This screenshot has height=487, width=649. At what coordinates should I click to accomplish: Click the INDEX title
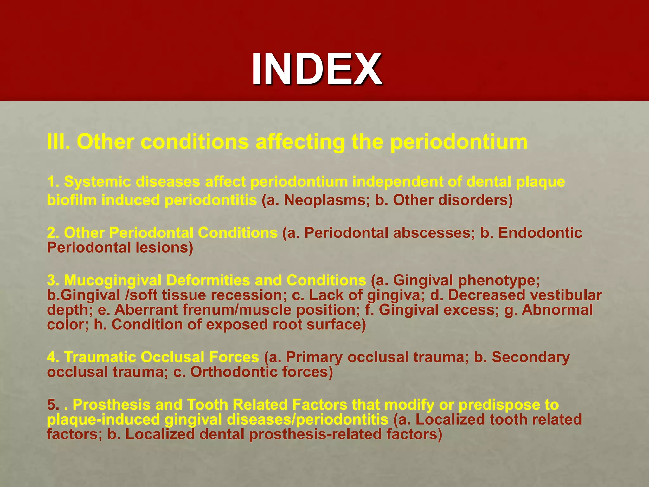317,69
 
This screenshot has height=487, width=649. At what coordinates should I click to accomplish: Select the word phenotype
499,280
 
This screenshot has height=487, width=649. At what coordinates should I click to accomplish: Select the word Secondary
530,357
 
